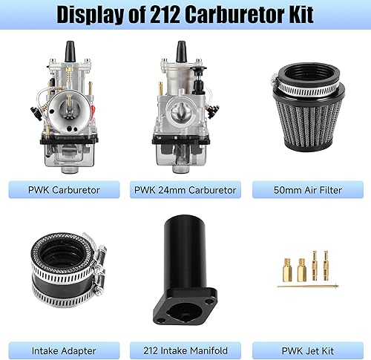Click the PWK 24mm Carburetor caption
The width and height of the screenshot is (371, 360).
coord(185,189)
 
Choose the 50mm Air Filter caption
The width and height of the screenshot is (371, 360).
coord(307,189)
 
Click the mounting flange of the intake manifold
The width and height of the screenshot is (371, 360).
coord(185,304)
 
